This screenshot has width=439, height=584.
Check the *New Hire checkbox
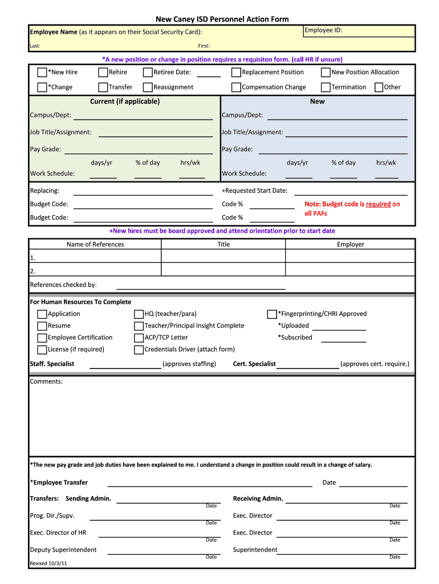[42, 72]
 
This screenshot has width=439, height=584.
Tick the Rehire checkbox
[103, 72]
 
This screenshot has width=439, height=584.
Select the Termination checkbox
[326, 87]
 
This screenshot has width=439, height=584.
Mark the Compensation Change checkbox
[236, 87]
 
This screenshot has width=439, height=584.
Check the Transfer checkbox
[103, 87]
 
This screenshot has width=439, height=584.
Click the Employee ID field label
[323, 30]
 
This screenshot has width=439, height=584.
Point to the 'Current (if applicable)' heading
[125, 102]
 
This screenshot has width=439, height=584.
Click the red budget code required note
[352, 208]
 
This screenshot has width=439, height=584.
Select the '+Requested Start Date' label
[254, 190]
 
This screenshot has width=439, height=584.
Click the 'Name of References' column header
[95, 244]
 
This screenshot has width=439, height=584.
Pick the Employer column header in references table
[350, 244]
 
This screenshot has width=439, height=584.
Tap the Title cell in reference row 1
[223, 257]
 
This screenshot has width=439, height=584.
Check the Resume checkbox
[42, 326]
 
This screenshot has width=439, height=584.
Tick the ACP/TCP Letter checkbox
[139, 338]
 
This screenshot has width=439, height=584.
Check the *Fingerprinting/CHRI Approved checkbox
[272, 314]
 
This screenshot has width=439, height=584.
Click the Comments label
[46, 381]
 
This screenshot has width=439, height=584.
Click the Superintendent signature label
[255, 550]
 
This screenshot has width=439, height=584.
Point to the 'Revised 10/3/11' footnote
[48, 563]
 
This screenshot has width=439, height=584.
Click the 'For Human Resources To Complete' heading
[80, 302]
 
